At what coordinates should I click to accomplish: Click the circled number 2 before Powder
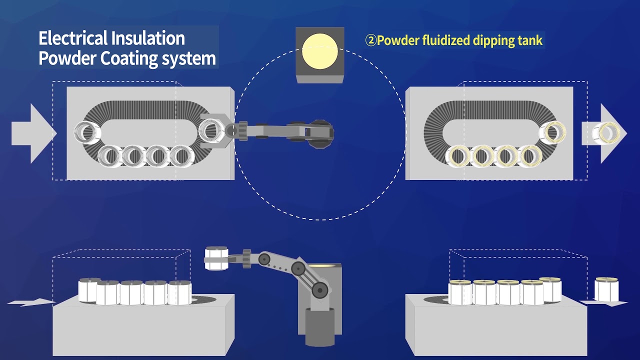pos(370,40)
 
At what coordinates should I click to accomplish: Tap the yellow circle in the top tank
pos(320,51)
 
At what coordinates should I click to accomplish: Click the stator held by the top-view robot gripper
pos(210,130)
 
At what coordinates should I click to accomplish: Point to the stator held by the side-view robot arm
pos(216,258)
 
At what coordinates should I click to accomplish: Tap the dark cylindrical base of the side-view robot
pos(320,327)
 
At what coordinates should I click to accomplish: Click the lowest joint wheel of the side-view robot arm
pos(320,290)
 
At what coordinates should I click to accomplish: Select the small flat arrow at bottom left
pos(30,302)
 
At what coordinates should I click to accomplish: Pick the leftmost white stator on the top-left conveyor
pos(87,132)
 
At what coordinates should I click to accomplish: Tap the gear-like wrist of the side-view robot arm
pos(246,258)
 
